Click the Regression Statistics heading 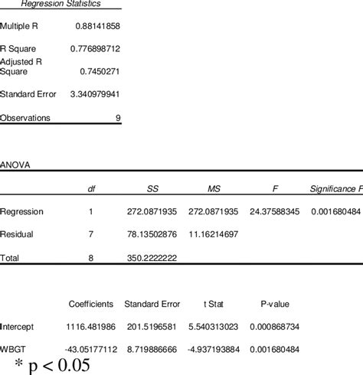60,4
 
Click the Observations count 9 117,118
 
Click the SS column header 152,188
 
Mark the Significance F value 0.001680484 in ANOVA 336,211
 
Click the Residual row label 17,234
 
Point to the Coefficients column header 91,304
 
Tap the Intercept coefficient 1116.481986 91,327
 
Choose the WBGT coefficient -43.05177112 90,349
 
